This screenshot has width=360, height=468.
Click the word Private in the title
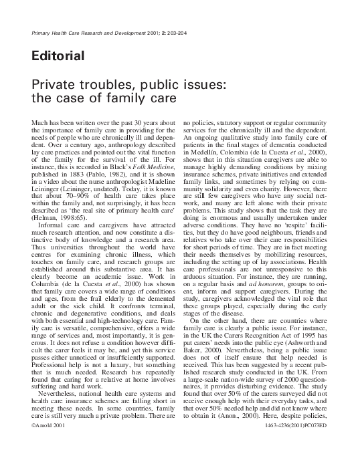click(53, 87)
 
